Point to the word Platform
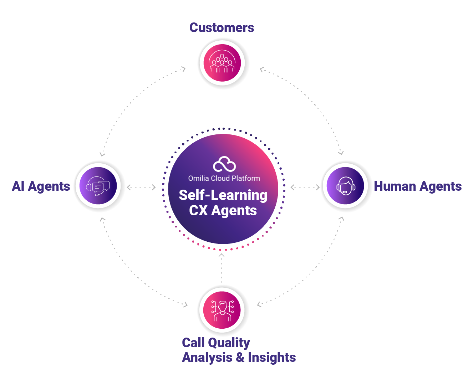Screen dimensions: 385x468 [x=246, y=178]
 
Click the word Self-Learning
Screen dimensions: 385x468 [x=223, y=195]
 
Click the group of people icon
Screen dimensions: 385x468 [x=222, y=63]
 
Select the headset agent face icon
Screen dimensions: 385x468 [x=345, y=186]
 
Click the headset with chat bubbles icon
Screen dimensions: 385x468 [x=98, y=186]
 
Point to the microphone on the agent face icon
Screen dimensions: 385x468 [x=345, y=192]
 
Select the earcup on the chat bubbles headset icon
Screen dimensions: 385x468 [x=88, y=187]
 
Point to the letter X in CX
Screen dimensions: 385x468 [x=204, y=210]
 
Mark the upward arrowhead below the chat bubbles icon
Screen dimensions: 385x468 [x=102, y=222]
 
